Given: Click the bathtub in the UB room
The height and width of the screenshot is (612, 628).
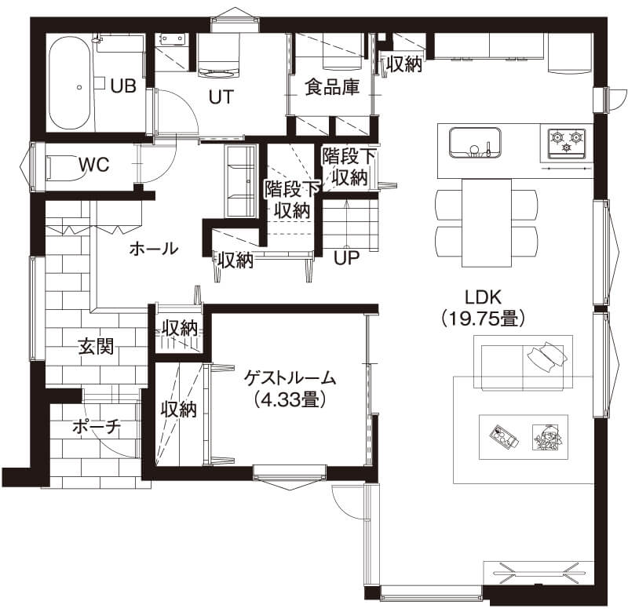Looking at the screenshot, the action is [69, 83].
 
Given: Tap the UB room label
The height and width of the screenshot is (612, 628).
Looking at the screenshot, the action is [123, 86].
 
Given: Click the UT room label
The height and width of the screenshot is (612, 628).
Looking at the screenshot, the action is [221, 97].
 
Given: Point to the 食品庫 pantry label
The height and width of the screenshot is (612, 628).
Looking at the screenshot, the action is [332, 87].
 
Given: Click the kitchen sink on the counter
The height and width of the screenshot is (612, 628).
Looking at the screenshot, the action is [475, 143].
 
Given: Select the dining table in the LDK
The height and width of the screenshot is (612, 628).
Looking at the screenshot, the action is [487, 223].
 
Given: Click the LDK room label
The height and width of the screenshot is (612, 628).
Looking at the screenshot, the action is [483, 297].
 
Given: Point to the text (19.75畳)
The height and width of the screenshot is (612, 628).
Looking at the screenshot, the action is [483, 319].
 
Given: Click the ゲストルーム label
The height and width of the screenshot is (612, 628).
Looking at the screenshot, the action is [290, 378].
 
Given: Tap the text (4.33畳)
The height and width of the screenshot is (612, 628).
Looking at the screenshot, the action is [290, 399].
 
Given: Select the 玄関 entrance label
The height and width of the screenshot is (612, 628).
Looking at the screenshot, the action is [96, 346].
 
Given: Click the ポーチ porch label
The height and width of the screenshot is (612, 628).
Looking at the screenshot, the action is [97, 427].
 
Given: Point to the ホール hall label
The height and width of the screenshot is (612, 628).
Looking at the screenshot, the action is [154, 249].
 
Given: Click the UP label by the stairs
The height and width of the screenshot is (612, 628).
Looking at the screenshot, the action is [347, 258].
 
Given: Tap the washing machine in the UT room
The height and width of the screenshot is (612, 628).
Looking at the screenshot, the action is [219, 55].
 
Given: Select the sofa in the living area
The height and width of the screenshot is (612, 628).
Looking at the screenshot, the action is [523, 362].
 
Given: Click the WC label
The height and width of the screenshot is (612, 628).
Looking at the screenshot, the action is [93, 165].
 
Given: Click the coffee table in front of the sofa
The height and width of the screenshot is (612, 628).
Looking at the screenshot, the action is [524, 437].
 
